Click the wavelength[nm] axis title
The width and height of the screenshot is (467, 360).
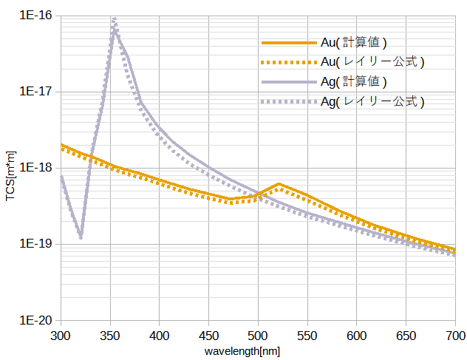[243, 351]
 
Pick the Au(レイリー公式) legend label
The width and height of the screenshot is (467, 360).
[372, 61]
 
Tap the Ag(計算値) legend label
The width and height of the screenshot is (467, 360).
[353, 81]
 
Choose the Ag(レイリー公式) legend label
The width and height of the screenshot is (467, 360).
[372, 101]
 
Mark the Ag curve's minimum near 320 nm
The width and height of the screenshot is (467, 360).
[81, 237]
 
